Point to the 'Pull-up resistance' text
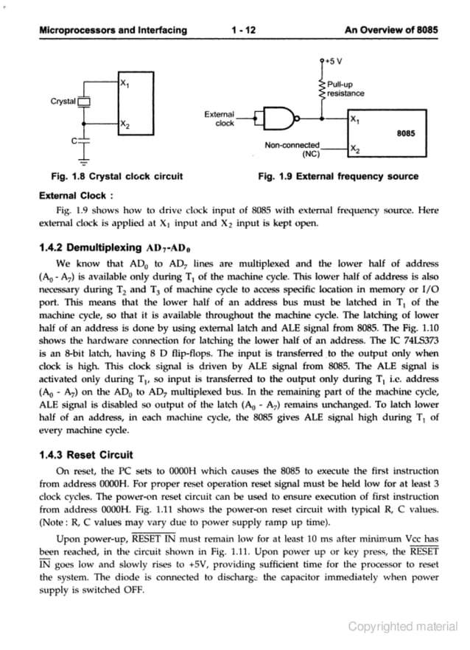(x=346, y=89)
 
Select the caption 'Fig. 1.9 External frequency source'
(x=338, y=177)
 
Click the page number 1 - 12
(x=242, y=30)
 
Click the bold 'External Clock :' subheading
(x=76, y=196)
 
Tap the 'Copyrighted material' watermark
(x=403, y=626)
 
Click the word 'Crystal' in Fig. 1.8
(x=63, y=101)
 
